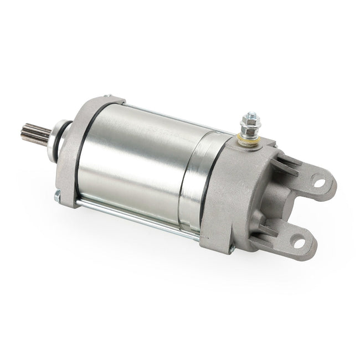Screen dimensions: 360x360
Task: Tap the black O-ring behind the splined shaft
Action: (67, 145)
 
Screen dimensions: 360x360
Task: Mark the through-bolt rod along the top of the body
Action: (166, 117)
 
